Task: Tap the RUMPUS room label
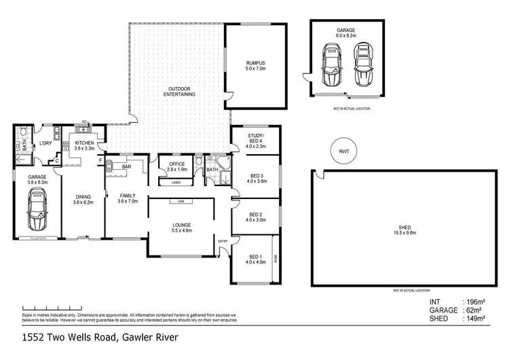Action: click(x=257, y=66)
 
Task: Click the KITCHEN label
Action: click(x=85, y=145)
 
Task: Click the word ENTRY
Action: click(x=223, y=241)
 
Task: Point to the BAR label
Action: click(x=126, y=166)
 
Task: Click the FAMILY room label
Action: click(x=127, y=198)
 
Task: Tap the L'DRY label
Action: click(x=46, y=143)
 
